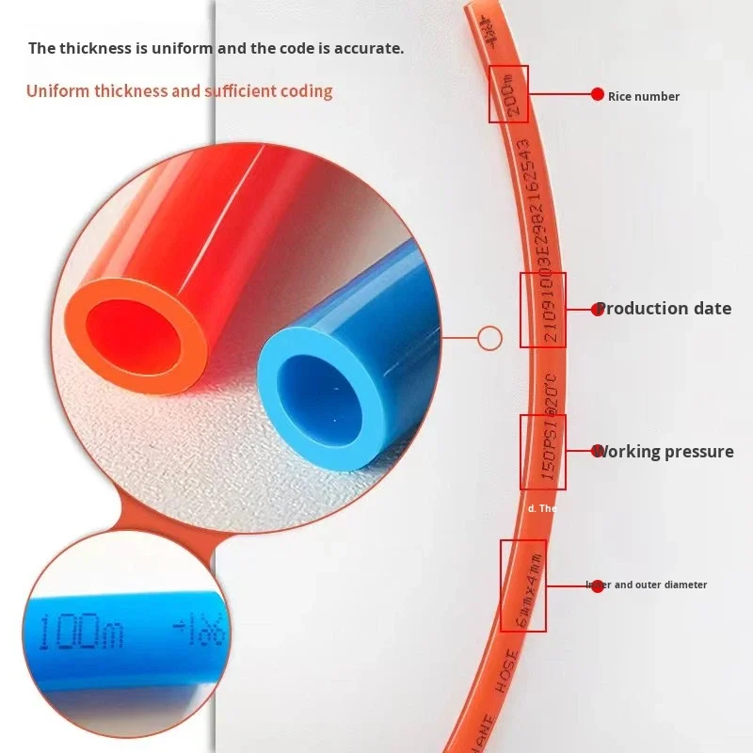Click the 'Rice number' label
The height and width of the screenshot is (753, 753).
coord(643,96)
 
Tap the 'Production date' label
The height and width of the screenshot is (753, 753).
coord(665,309)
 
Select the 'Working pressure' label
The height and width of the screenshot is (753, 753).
coord(665,452)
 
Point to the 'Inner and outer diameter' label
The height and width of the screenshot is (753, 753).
coord(647,585)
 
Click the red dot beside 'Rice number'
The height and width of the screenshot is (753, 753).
coord(597,94)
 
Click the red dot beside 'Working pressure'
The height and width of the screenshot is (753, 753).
coord(597,451)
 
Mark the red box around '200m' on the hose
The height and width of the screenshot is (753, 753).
coord(508,94)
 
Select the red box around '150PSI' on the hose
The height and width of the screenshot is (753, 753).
coord(543,452)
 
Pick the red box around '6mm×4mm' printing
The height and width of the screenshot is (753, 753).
coord(523,585)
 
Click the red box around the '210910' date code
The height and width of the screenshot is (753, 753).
coord(543,310)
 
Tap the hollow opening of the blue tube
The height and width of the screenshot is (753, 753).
coord(321,395)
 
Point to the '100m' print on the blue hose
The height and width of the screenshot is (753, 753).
coord(86,634)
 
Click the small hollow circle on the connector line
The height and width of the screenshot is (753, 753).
coord(489,336)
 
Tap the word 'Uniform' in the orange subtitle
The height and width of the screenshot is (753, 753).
coord(56,91)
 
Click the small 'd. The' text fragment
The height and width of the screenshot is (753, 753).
coord(542,508)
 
